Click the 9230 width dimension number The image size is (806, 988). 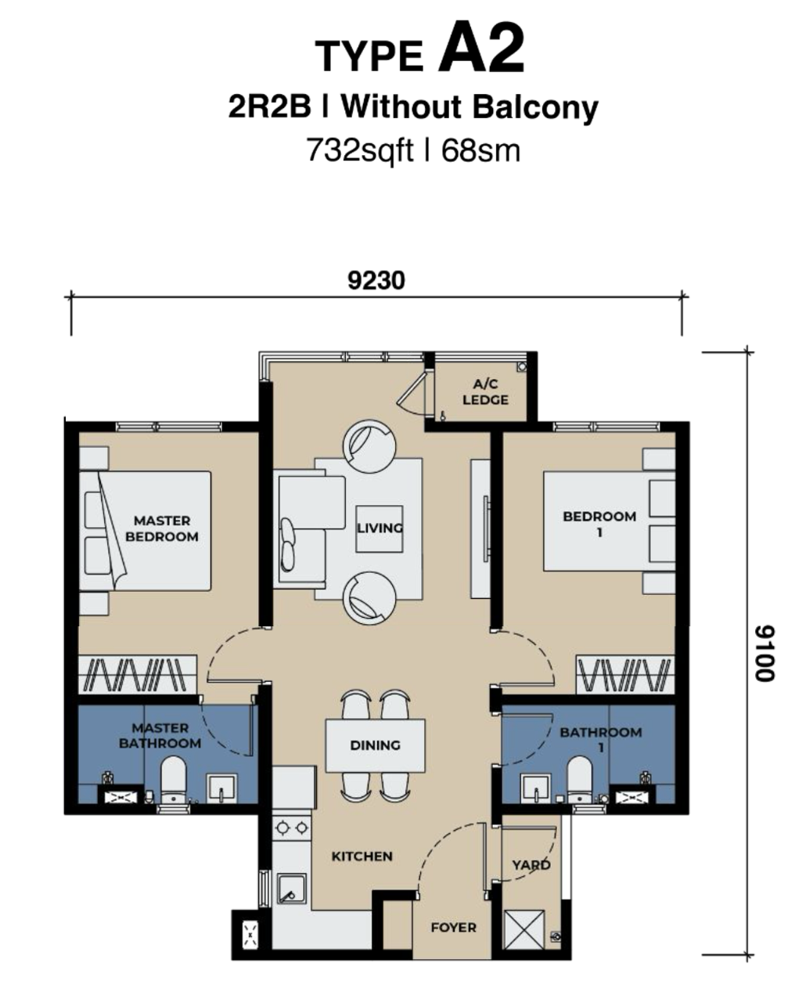376,281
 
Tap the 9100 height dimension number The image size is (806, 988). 765,654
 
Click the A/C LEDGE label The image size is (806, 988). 485,392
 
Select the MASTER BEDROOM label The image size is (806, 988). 161,528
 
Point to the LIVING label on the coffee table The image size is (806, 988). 380,528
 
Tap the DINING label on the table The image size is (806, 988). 375,745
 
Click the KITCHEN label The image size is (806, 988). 362,856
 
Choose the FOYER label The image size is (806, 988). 453,928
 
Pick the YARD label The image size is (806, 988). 531,865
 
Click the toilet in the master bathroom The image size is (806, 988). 173,780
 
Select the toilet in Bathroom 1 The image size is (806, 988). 580,780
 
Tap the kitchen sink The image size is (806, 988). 291,889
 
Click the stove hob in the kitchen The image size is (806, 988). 292,828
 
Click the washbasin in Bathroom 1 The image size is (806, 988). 536,789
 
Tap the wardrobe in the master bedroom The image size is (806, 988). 137,674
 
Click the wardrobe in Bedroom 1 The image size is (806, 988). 625,674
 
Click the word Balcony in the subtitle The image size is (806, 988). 535,108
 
